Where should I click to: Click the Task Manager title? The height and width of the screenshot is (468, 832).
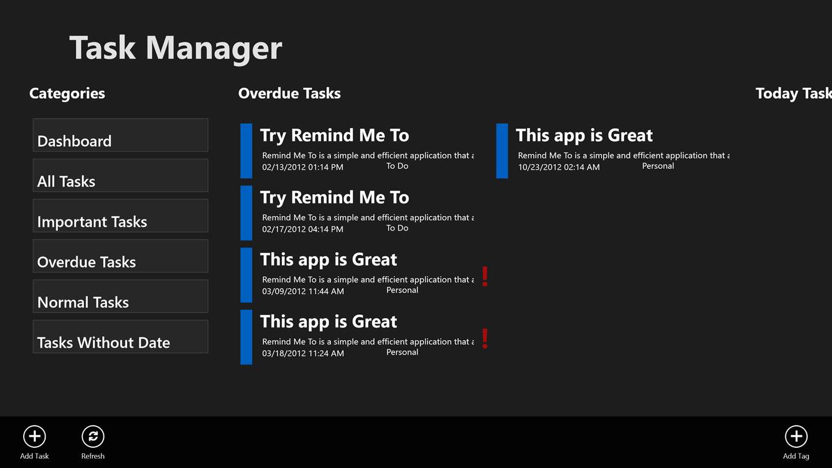pyautogui.click(x=176, y=49)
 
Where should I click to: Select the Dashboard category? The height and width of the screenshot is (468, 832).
pyautogui.click(x=120, y=135)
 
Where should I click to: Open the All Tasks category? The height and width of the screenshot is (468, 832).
pyautogui.click(x=120, y=175)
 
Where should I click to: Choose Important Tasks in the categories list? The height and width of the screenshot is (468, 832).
pyautogui.click(x=120, y=216)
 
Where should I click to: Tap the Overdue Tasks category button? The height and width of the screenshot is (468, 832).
pyautogui.click(x=120, y=256)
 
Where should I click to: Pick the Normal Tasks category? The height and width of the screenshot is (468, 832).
pyautogui.click(x=120, y=296)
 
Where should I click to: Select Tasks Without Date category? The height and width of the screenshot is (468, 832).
pyautogui.click(x=120, y=336)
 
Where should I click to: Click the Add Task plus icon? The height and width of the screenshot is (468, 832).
pyautogui.click(x=34, y=436)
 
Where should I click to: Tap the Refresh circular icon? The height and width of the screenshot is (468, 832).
pyautogui.click(x=93, y=436)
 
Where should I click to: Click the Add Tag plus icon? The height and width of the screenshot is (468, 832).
pyautogui.click(x=796, y=436)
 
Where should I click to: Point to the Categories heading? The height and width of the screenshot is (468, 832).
pyautogui.click(x=67, y=94)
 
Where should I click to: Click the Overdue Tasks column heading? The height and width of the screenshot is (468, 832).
pyautogui.click(x=289, y=93)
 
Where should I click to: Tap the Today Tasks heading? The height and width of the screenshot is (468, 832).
pyautogui.click(x=794, y=94)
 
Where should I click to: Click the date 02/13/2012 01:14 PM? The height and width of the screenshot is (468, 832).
pyautogui.click(x=303, y=167)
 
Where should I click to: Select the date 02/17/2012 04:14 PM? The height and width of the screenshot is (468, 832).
pyautogui.click(x=303, y=229)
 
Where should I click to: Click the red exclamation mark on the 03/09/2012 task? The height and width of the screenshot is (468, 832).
pyautogui.click(x=485, y=276)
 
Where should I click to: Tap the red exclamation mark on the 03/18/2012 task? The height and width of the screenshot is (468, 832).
pyautogui.click(x=485, y=339)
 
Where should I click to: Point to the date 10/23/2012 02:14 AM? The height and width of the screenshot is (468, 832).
pyautogui.click(x=559, y=167)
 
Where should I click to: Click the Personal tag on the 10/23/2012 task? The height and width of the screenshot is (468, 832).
pyautogui.click(x=658, y=166)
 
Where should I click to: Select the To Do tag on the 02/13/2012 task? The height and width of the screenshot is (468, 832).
pyautogui.click(x=397, y=166)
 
